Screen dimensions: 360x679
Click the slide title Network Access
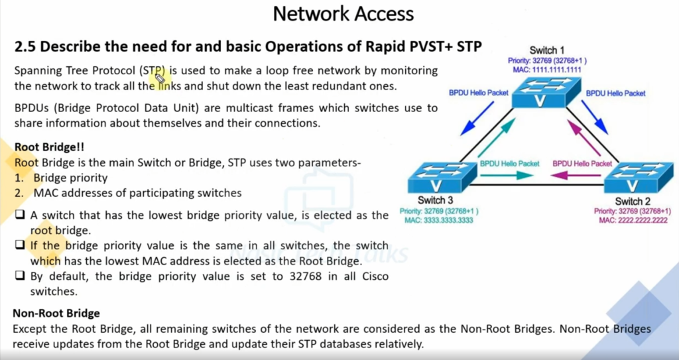pyautogui.click(x=343, y=13)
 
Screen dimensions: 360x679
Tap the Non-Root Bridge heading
pyautogui.click(x=56, y=313)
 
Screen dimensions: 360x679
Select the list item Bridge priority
pyautogui.click(x=70, y=178)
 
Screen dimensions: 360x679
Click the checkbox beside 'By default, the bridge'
pyautogui.click(x=20, y=276)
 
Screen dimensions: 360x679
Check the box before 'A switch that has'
pyautogui.click(x=20, y=215)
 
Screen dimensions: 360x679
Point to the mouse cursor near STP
pyautogui.click(x=160, y=80)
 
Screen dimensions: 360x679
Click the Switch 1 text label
pyautogui.click(x=547, y=51)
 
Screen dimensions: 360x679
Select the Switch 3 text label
pyautogui.click(x=436, y=201)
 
